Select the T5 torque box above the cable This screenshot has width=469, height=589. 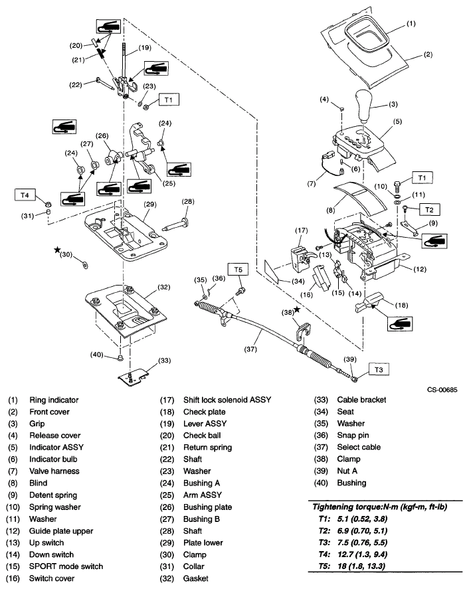(238, 270)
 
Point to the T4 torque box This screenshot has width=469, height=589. (25, 195)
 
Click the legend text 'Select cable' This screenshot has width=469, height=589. (362, 447)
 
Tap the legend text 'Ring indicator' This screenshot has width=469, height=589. (54, 400)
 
